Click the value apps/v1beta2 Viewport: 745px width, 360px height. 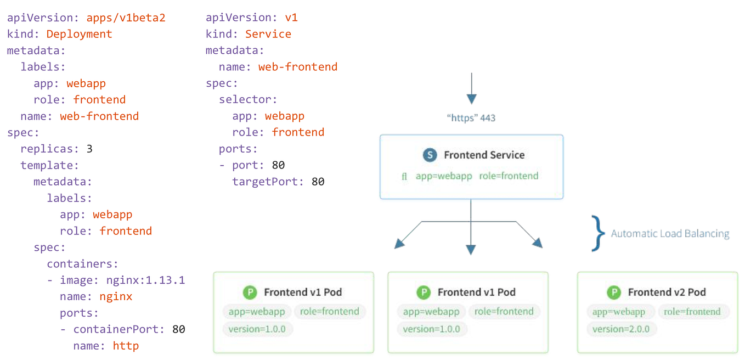[126, 18]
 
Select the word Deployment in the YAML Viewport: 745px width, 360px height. [79, 34]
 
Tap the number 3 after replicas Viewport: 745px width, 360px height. [89, 149]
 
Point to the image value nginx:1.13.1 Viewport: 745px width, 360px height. [145, 280]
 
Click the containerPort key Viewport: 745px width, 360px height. [118, 329]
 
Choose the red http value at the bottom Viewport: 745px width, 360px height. [126, 346]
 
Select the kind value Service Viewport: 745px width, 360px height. [268, 34]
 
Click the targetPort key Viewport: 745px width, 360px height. [268, 182]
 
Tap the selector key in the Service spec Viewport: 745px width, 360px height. [248, 99]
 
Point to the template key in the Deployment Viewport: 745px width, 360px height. [49, 165]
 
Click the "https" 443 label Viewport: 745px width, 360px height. [471, 118]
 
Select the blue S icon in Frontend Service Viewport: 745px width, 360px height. [430, 155]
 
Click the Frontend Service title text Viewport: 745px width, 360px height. [484, 155]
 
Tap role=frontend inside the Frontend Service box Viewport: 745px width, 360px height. [509, 176]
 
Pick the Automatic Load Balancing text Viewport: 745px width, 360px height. [670, 234]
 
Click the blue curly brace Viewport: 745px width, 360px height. [597, 233]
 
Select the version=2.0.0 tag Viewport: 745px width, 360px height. [621, 329]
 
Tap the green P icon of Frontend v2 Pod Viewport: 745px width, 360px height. [613, 292]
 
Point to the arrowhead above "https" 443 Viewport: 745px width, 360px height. [471, 99]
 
